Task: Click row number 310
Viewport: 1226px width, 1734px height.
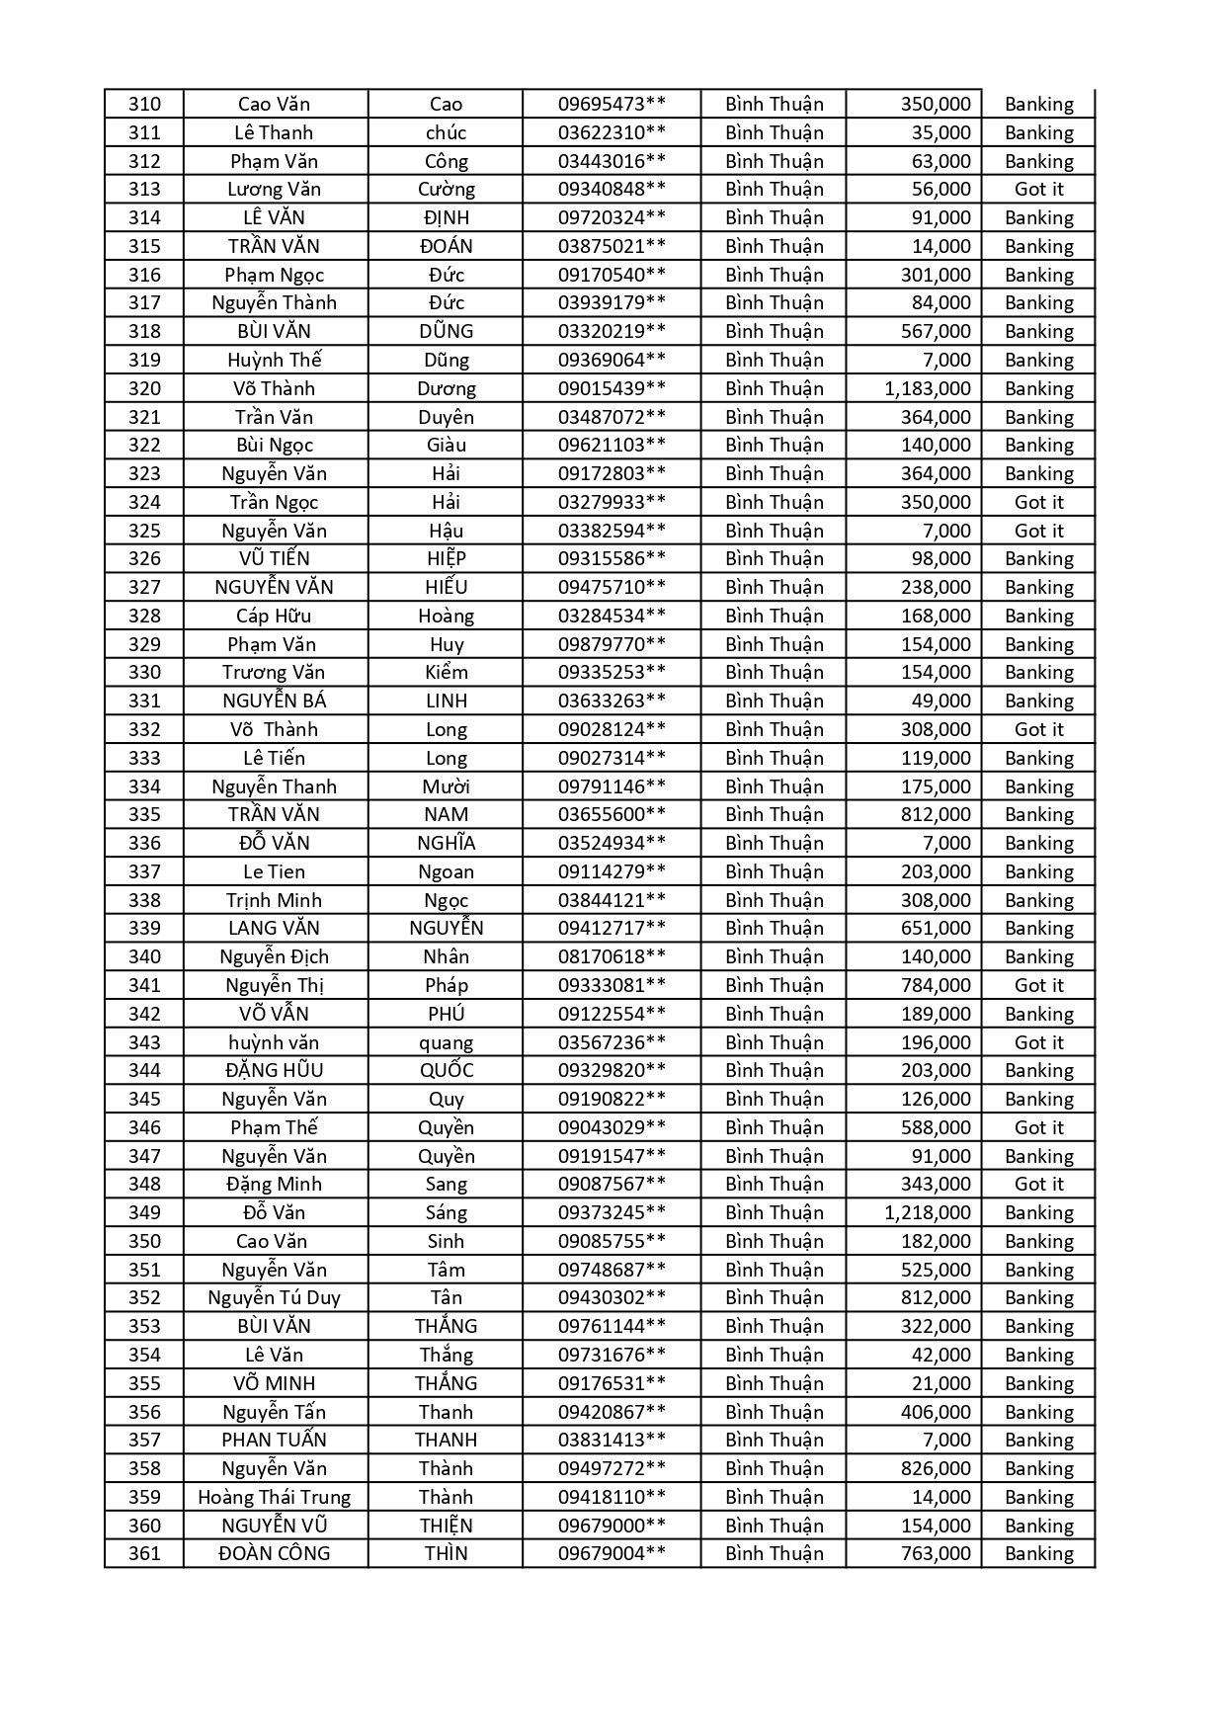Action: [144, 104]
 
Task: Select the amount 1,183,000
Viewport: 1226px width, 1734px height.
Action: [927, 388]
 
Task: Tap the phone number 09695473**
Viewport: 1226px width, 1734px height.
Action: [612, 104]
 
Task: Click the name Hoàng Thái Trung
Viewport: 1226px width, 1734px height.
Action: [275, 1497]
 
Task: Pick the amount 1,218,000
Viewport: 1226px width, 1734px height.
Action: [927, 1212]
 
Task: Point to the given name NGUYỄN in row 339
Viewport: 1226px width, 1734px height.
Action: [446, 928]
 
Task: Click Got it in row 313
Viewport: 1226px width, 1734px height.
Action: [1038, 189]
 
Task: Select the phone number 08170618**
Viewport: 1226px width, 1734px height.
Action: [612, 956]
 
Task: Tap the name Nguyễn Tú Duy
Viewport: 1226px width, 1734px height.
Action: [275, 1297]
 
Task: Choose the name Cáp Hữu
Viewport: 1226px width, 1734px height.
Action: [275, 616]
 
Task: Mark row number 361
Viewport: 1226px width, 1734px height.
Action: [144, 1553]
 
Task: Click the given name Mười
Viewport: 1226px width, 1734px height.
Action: [446, 786]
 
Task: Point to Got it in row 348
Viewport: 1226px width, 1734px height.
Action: [1038, 1184]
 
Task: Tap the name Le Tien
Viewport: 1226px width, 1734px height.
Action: [275, 871]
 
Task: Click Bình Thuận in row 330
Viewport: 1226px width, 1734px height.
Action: [774, 672]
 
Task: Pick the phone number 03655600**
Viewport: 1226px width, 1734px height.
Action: [612, 814]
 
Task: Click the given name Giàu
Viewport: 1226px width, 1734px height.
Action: [446, 445]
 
